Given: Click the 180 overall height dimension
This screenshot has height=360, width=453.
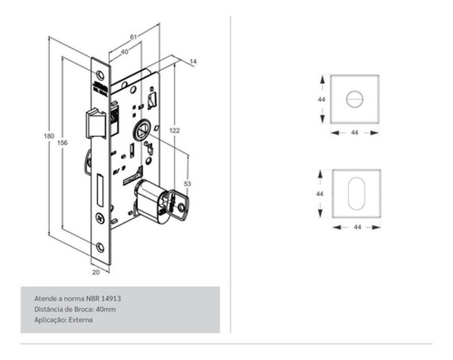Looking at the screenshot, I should click(49, 136).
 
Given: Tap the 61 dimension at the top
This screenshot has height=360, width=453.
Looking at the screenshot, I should click(133, 37).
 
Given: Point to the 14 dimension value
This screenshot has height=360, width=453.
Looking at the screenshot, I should click(193, 61).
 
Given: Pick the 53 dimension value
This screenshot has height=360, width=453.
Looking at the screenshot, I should click(188, 184).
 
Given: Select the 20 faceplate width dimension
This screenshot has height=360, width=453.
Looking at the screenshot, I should click(96, 272).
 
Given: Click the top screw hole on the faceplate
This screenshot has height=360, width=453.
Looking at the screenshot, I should click(100, 75).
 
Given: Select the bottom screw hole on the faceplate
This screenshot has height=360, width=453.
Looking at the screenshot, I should click(100, 246).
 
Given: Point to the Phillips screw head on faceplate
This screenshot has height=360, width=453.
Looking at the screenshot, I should click(101, 216).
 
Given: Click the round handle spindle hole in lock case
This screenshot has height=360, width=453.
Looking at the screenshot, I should click(140, 131).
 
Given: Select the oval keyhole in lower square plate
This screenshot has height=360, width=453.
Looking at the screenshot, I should click(356, 194).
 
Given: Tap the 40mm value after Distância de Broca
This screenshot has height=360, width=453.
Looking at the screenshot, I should click(106, 309).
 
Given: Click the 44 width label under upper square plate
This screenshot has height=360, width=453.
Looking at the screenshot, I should click(354, 132).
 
